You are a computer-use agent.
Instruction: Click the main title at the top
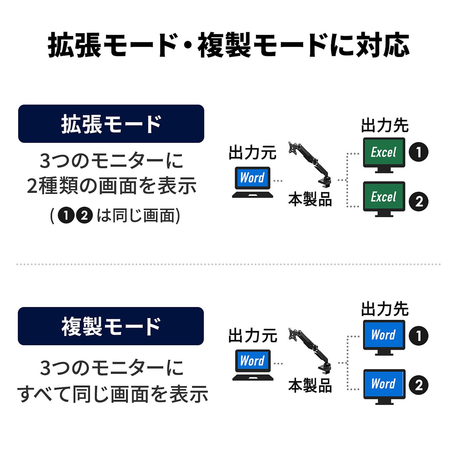point(228,45)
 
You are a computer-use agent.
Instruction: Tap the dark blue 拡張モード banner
point(111,124)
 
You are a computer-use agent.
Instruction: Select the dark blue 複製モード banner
point(111,326)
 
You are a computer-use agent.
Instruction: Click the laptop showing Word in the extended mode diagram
point(253,182)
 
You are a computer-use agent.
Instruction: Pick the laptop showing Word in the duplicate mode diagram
point(253,365)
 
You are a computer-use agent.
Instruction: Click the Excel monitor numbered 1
point(384,154)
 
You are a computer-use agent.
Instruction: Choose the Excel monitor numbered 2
point(384,198)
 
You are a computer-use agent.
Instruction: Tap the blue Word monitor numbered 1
point(384,337)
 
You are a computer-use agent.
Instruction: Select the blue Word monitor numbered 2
point(384,386)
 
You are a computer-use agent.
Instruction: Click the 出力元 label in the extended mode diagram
point(253,153)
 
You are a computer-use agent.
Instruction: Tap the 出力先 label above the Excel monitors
point(385,126)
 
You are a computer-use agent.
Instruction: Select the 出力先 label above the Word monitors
point(385,309)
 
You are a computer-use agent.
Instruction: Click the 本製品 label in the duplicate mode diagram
point(310,386)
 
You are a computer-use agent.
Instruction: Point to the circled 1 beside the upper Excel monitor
point(418,152)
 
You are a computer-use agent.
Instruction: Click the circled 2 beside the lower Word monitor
point(419,385)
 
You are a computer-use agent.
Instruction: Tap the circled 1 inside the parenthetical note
point(66,216)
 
